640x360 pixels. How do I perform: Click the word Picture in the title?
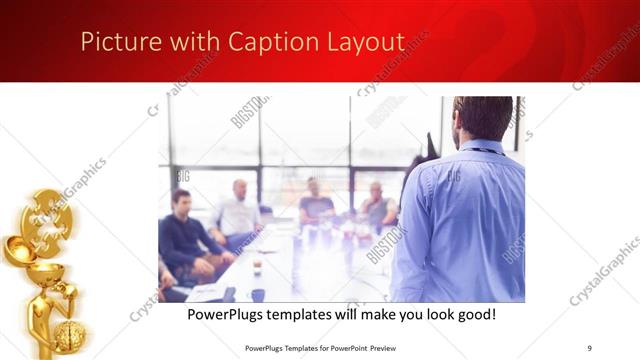tap(113, 42)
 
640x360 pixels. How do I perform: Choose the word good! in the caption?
tap(474, 314)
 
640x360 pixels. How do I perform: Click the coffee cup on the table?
tap(257, 266)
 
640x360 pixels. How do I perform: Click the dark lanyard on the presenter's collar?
tap(482, 151)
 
